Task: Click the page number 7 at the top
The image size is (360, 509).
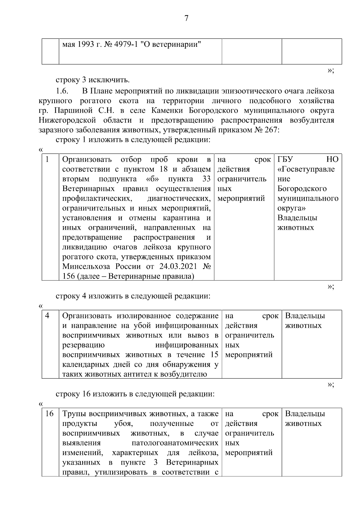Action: coord(186,19)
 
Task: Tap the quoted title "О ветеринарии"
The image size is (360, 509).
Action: coord(171,45)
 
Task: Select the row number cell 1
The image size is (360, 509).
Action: coord(47,159)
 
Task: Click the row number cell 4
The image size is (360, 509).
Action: coord(47,316)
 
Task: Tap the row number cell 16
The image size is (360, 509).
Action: coord(49,414)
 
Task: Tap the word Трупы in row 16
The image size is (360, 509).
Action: coord(74,414)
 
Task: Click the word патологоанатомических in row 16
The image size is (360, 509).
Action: coord(175,443)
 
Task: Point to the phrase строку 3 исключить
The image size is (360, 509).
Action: coord(93,80)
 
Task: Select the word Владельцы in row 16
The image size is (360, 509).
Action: coord(305,414)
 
